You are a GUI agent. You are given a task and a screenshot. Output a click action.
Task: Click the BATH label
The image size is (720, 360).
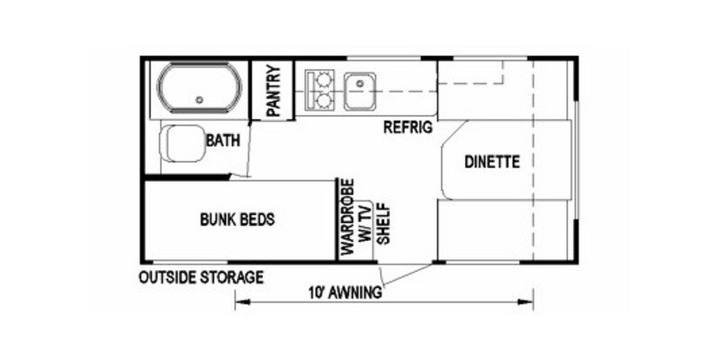click(x=221, y=140)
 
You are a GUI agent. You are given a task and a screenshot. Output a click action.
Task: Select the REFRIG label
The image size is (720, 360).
click(x=409, y=127)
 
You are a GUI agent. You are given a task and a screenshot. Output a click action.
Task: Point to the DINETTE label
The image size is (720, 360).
click(x=492, y=163)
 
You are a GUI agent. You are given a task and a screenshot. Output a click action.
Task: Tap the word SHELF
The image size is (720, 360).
click(x=382, y=222)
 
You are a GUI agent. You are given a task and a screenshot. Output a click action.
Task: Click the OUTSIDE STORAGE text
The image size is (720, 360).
click(x=200, y=277)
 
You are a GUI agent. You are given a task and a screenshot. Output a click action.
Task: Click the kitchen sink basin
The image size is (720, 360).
click(x=364, y=86)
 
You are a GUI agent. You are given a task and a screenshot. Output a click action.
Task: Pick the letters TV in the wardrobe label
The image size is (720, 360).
click(x=364, y=214)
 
